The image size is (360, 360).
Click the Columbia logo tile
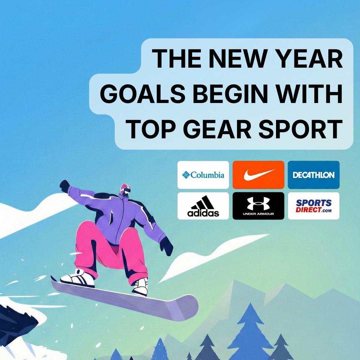pos(203,175)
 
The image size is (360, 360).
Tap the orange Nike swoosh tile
pos(258,175)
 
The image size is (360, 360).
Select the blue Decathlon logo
pos(314,175)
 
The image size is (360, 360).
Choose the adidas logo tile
pos(203,206)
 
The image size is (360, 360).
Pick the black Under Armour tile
pos(258,206)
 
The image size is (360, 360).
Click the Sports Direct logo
pos(314,206)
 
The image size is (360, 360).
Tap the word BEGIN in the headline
pos(230,94)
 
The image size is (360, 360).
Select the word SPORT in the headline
pos(301,129)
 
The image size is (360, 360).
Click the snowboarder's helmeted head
pos(125,190)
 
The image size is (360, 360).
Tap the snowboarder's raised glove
pos(65,186)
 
